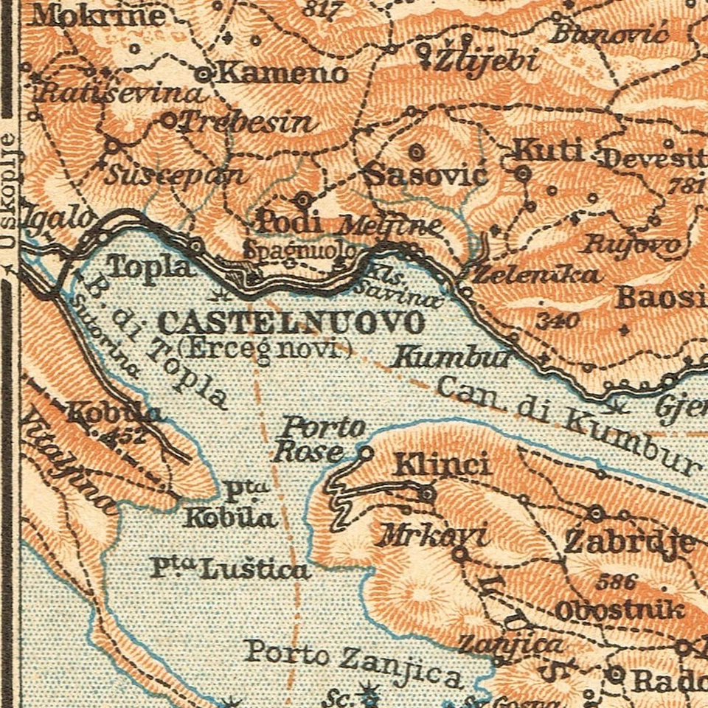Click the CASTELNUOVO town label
pos(291,323)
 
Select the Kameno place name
pos(282,73)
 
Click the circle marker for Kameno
pos(204,74)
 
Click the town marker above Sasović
pos(417,152)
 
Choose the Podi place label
pos(288,221)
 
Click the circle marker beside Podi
pos(303,200)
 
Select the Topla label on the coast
pos(151,265)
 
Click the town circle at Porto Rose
pos(367,453)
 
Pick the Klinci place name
pos(442,465)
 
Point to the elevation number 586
pos(616,582)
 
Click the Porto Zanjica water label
pos(354,662)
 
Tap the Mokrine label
pos(97,15)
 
